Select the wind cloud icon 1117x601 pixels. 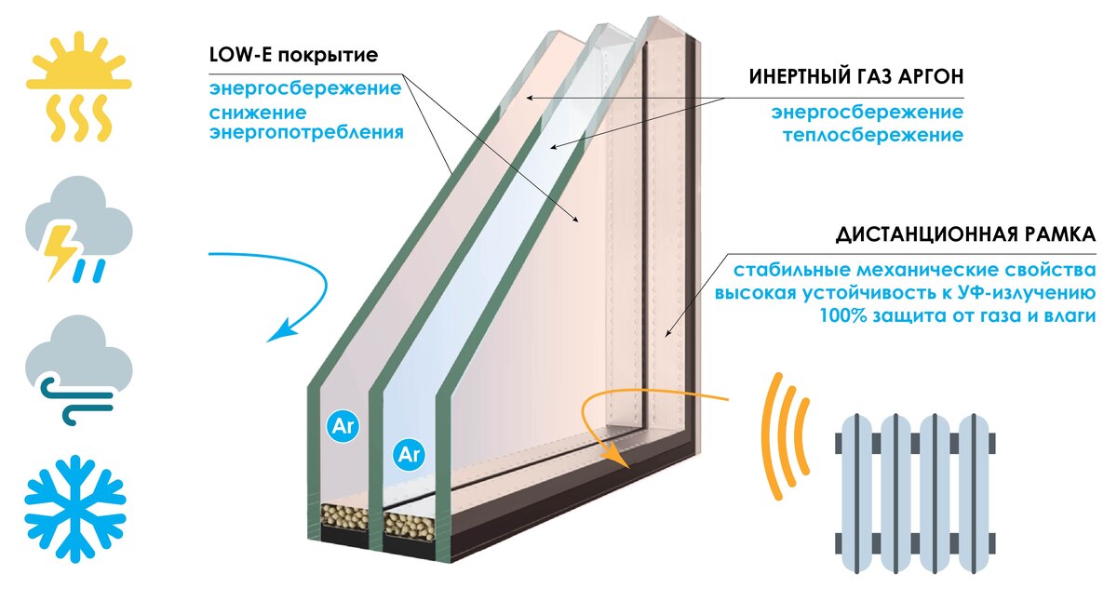click(x=79, y=369)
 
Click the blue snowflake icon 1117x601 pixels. click(x=75, y=508)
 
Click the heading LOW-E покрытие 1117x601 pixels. click(x=294, y=55)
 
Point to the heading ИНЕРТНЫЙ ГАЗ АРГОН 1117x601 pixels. click(x=856, y=76)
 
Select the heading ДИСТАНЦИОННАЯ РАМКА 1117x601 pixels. click(x=965, y=234)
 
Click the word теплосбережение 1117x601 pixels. click(x=873, y=135)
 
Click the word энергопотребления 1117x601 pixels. click(x=306, y=132)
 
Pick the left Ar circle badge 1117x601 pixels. click(x=343, y=427)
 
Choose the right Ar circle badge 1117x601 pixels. click(x=409, y=455)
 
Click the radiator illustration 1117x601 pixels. click(x=916, y=493)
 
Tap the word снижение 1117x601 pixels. click(x=258, y=113)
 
